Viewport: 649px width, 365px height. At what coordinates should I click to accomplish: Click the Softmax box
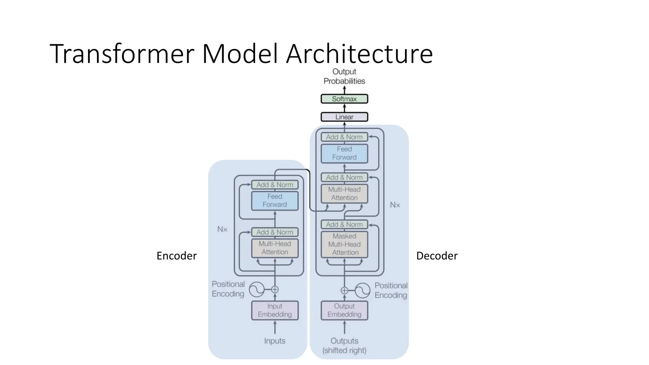coord(344,99)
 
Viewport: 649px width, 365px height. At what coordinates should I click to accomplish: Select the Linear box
coord(344,117)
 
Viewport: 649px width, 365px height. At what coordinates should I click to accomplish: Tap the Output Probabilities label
coord(344,76)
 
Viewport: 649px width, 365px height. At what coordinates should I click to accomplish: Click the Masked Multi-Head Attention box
coord(344,244)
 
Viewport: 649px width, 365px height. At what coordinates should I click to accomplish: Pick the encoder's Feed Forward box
coord(275,201)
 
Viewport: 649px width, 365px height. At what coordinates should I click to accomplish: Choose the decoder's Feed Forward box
coord(344,153)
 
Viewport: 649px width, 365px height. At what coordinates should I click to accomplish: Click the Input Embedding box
coord(275,310)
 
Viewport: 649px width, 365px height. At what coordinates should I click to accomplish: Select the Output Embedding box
coord(344,310)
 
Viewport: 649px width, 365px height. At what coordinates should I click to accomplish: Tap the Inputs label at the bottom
coord(275,341)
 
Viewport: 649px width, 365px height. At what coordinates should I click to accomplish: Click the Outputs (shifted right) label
coord(344,345)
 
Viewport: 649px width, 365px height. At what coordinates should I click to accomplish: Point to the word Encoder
coord(177,256)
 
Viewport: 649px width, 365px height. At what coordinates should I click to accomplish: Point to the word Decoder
coord(437,256)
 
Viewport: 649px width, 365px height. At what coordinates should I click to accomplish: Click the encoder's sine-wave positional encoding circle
coord(257,289)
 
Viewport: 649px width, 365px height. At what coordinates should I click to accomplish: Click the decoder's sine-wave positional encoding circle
coord(363,290)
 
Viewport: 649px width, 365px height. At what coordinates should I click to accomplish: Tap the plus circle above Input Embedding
coord(275,289)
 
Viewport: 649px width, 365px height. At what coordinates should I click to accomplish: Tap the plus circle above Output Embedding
coord(344,290)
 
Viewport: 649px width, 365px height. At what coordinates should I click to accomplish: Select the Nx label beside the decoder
coord(395,205)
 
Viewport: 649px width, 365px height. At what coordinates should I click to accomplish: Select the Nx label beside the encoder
coord(222,229)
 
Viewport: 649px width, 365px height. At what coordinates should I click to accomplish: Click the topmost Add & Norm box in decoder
coord(344,137)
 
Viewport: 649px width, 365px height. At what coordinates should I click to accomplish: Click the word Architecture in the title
coord(359,54)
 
